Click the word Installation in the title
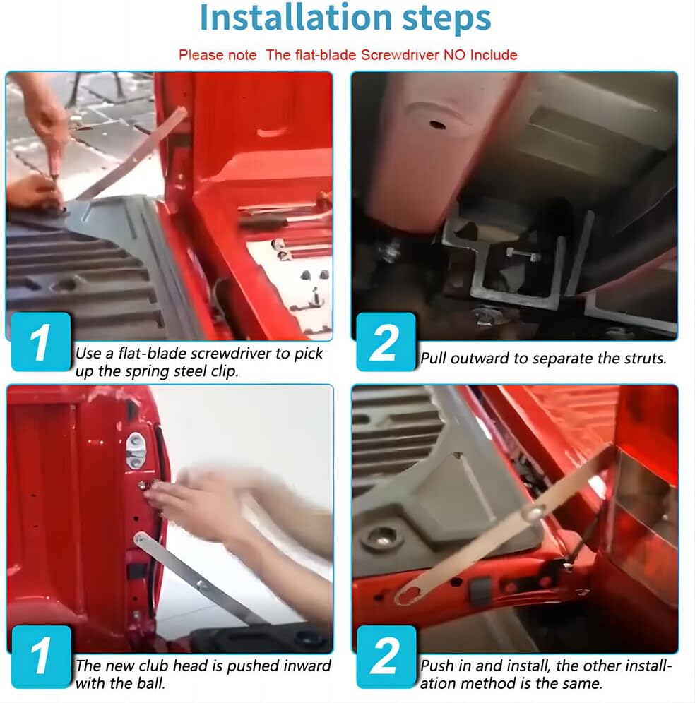(x=296, y=18)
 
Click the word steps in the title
(x=446, y=19)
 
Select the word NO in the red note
(x=454, y=54)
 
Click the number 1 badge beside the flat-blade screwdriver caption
(x=41, y=342)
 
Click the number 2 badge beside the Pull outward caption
(x=386, y=342)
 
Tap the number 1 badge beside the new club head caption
(x=41, y=656)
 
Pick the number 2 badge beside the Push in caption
(x=386, y=656)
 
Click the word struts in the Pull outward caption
(x=645, y=359)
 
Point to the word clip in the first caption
(x=224, y=372)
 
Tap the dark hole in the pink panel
(x=437, y=124)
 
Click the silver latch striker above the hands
(x=136, y=450)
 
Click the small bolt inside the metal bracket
(x=523, y=255)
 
